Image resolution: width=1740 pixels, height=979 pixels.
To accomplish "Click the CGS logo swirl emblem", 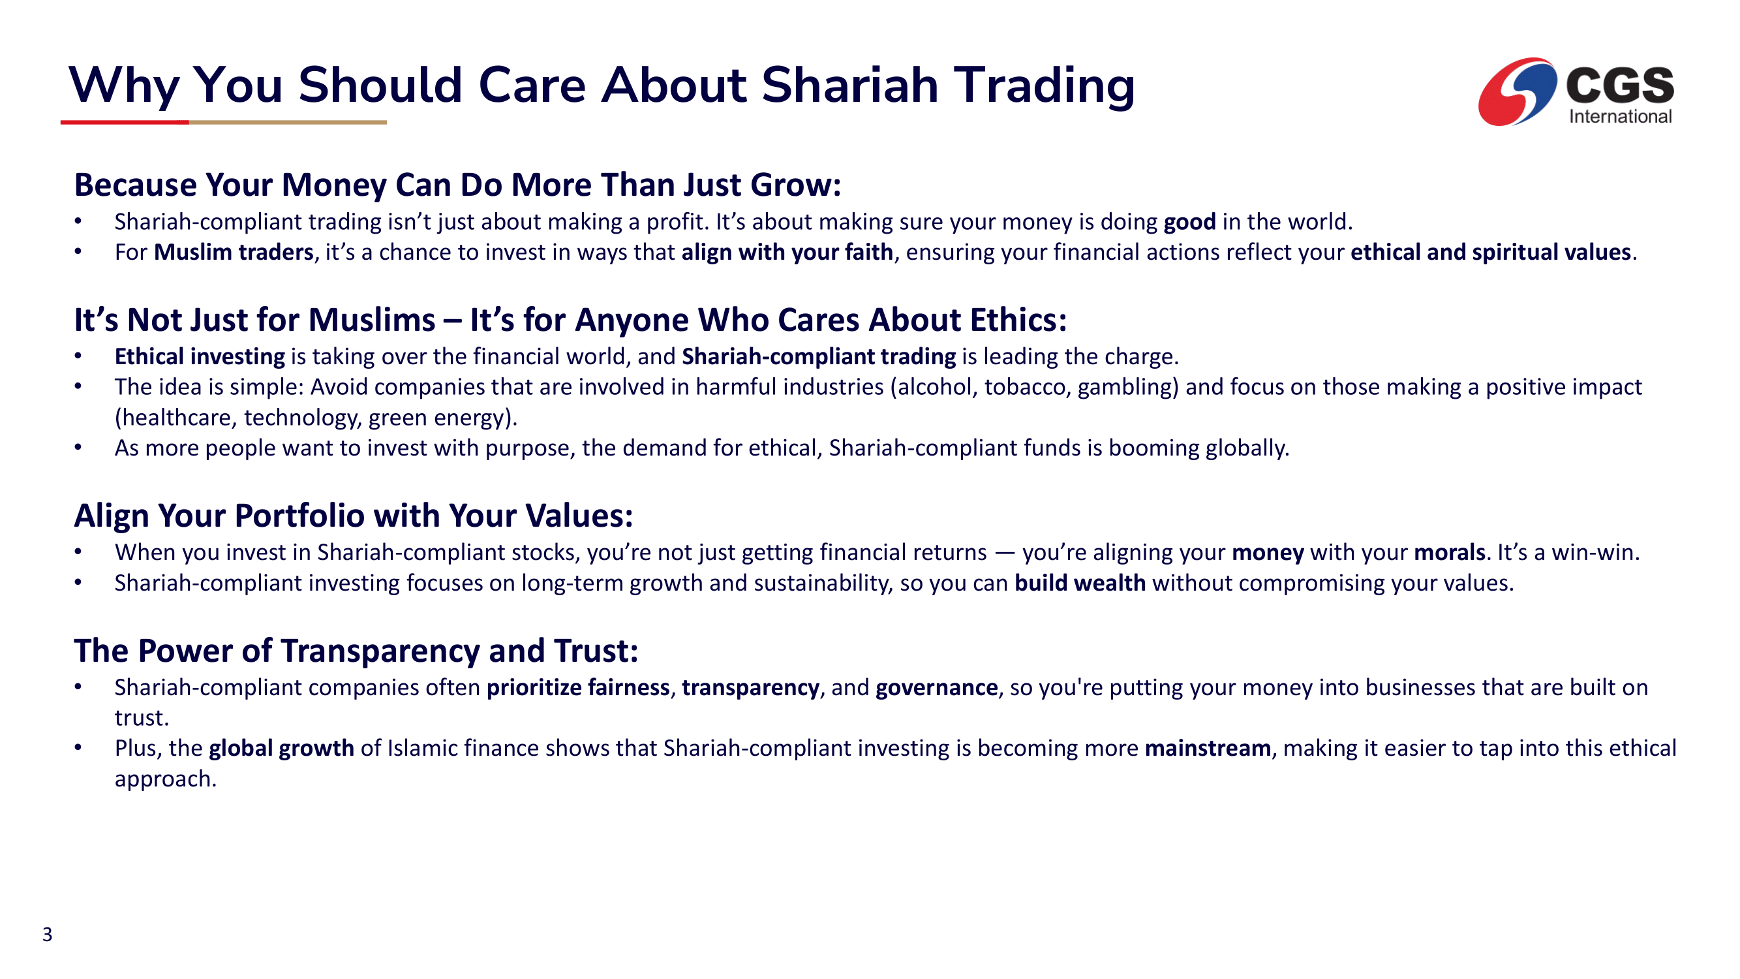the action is click(1516, 92).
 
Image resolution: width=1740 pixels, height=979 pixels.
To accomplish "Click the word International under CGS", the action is click(1620, 117).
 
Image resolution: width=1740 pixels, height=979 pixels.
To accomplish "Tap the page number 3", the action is click(47, 935).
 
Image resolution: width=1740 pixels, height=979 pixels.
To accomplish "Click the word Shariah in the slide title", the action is click(849, 85).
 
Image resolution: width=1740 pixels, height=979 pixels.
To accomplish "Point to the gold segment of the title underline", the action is click(288, 122).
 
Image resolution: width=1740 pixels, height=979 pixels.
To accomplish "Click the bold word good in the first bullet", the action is click(1189, 222).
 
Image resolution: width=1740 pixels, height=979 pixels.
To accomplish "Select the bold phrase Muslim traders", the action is click(234, 252).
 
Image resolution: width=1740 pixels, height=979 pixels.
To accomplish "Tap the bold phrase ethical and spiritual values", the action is click(1491, 252).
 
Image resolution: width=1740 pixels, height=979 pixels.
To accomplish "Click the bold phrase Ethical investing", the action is click(200, 357).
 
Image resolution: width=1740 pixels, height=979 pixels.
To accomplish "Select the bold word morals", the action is click(1450, 553).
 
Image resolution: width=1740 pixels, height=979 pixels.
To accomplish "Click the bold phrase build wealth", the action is click(1080, 583).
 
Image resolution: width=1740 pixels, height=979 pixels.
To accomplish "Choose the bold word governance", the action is click(936, 688).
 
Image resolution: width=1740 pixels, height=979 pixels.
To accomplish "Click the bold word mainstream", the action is click(1208, 749).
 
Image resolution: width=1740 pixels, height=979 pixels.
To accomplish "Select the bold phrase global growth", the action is click(282, 749).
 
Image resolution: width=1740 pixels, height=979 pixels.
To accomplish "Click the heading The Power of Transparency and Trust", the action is click(356, 651).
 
